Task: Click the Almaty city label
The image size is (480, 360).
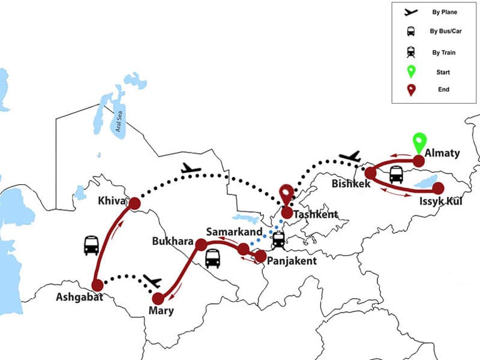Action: tap(442, 153)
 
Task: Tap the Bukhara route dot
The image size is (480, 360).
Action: tap(202, 244)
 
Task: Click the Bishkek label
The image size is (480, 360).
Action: tap(351, 183)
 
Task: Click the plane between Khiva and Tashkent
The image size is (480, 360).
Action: tap(191, 169)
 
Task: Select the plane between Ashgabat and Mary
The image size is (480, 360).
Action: tap(152, 280)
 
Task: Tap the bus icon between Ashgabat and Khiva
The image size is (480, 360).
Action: tap(91, 245)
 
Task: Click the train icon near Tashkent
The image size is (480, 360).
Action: tap(278, 240)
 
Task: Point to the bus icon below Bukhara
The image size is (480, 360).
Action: tap(212, 259)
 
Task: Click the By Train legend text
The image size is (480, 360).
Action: tap(444, 52)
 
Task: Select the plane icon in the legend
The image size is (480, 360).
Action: tap(410, 11)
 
